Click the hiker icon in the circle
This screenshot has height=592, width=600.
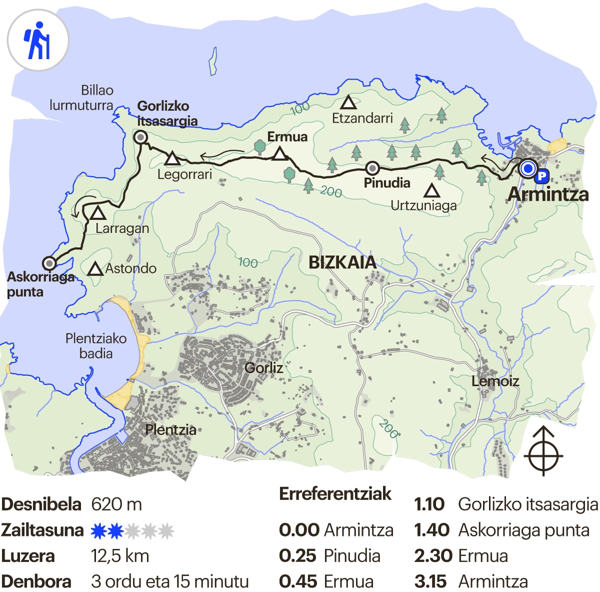[x=37, y=41]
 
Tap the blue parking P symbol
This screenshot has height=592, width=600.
[x=541, y=176]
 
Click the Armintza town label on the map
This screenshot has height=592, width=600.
[x=548, y=195]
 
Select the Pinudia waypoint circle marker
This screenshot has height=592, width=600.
[x=372, y=168]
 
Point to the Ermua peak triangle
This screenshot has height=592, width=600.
[x=280, y=154]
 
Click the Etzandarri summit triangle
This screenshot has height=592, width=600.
[x=348, y=103]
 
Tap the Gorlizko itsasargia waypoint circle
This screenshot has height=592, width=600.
[x=141, y=137]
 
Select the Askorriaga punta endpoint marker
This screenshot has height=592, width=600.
[x=49, y=263]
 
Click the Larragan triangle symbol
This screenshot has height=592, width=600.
[x=98, y=214]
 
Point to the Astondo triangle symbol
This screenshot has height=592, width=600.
[x=95, y=269]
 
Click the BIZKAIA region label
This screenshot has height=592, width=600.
[x=342, y=262]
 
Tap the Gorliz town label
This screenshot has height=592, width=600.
[x=264, y=368]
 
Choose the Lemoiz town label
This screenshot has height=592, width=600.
[x=495, y=381]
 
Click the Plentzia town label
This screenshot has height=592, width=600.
[x=170, y=430]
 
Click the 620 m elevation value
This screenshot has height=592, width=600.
[x=116, y=504]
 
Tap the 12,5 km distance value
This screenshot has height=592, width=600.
[x=120, y=556]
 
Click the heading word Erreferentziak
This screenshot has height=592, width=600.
[x=335, y=494]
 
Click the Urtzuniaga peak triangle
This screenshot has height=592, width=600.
[x=432, y=191]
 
